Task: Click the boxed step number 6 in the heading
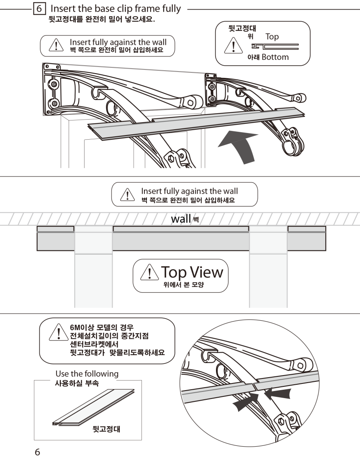point(39,8)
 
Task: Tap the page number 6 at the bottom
point(37,452)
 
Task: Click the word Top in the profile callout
point(272,37)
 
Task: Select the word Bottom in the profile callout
point(275,57)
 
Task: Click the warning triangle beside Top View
point(149,272)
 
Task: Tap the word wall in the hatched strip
point(181,219)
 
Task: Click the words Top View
point(192,272)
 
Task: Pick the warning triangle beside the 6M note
point(59,333)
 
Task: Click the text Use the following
point(87,373)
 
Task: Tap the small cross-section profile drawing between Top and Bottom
point(275,47)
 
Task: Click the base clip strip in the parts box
point(93,407)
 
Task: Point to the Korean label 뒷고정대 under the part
point(106,429)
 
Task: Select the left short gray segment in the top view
point(56,238)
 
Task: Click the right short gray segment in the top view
point(306,238)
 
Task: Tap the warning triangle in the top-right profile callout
point(234,46)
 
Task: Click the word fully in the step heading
point(172,9)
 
